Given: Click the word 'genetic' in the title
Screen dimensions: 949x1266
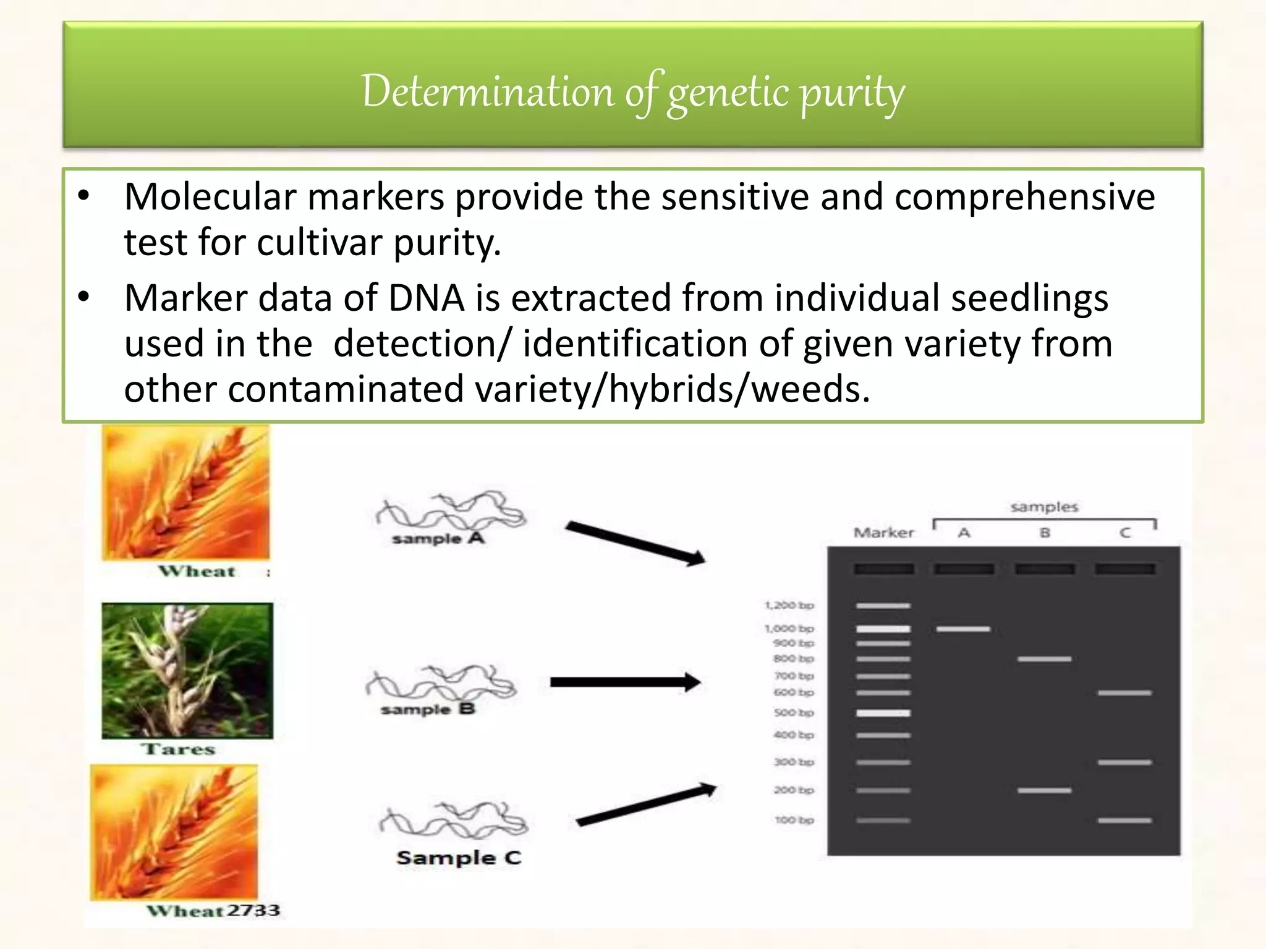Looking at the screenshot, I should coord(728,93).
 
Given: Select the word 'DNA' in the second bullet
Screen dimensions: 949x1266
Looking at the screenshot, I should coord(426,298).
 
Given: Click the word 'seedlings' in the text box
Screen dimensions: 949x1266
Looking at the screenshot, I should coord(1029,298).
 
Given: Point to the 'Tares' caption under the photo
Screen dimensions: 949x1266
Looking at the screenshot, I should coord(179,749).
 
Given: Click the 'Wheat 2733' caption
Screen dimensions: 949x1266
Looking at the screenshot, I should coord(213,911).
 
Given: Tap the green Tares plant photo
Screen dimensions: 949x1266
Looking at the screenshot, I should coord(187,670).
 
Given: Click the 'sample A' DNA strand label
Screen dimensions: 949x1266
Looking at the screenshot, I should coord(438,539).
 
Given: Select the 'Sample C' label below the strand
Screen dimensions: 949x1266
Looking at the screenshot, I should coord(459,858).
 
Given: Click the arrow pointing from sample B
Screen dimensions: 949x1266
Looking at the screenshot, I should coord(624,682).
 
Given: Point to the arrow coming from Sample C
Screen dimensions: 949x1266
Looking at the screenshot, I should coord(645,804).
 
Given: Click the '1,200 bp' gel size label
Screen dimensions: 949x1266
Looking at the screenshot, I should coord(789,605).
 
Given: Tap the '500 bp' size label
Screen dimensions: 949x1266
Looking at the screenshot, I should coord(794,713).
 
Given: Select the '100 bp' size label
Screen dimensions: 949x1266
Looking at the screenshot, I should coord(794,820).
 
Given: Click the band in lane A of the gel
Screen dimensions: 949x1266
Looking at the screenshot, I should coord(963,629).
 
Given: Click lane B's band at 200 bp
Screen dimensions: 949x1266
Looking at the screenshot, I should coord(1044,790).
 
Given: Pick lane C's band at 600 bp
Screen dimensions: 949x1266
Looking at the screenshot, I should coord(1124,693).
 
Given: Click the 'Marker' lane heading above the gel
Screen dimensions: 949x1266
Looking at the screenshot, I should coord(883,533).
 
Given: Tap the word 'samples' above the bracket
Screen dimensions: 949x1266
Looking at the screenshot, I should coord(1044,507).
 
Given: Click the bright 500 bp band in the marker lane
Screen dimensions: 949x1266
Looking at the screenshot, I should coord(883,713).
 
